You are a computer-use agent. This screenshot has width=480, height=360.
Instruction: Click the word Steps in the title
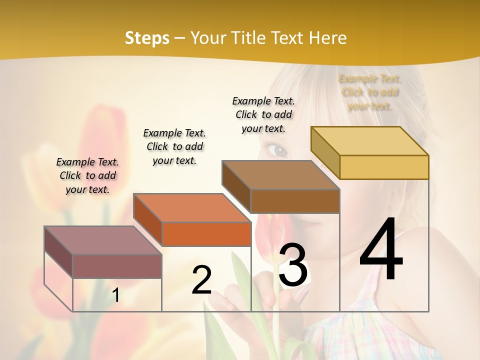pos(147,38)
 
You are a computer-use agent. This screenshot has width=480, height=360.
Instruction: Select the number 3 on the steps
pos(293,265)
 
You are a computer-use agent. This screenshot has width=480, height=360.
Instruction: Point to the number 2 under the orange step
pos(201,280)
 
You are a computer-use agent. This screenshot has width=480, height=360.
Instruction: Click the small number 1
pos(115,295)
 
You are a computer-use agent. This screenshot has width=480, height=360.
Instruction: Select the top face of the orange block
pos(192,208)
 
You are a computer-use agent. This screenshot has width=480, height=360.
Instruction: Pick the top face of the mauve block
pos(103,240)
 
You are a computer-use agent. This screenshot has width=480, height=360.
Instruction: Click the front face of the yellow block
pos(384,167)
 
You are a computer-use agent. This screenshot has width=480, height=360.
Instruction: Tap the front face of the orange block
pos(206,234)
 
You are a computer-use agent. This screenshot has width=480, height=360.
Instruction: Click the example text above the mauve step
pos(87,175)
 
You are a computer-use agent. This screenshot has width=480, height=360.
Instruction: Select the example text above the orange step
pos(174,146)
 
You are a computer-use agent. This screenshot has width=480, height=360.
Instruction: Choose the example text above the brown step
pos(263,114)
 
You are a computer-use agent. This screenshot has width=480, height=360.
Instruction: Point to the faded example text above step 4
pos(370,92)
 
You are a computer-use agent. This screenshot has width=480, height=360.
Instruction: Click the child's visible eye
pos(277,149)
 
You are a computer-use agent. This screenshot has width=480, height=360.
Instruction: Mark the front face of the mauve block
pos(117,266)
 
